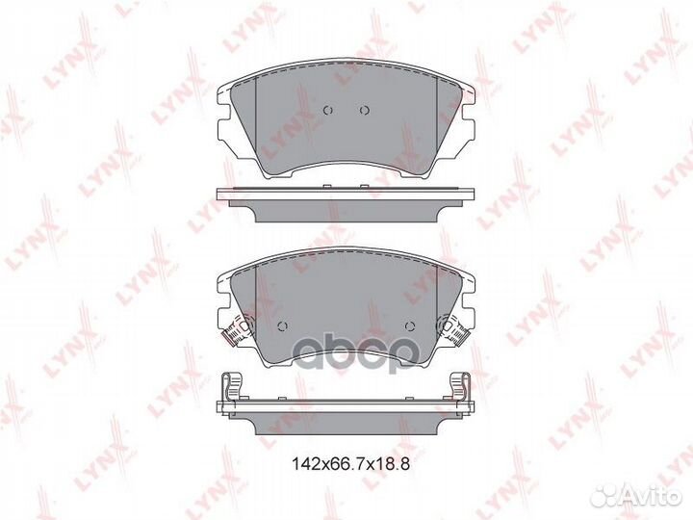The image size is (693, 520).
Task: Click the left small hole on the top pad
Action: tap(328, 109)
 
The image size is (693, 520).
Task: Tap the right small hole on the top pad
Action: tap(365, 109)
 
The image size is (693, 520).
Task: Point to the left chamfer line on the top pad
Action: tap(264, 125)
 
